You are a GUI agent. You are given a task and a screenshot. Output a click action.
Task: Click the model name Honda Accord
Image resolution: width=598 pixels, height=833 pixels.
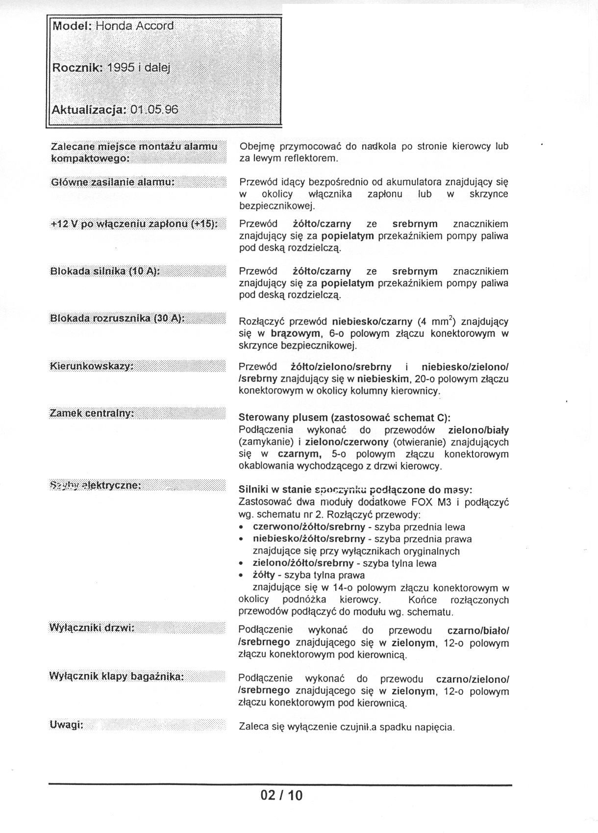[134, 26]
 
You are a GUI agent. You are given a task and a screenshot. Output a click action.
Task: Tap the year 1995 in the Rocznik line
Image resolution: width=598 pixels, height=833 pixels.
[121, 68]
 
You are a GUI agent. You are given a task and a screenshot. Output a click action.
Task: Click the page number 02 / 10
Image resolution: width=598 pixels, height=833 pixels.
[282, 795]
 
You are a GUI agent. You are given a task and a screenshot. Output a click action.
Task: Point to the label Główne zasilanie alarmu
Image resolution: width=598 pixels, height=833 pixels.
[113, 182]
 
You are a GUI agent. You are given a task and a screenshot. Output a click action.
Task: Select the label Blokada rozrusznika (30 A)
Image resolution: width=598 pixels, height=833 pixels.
[118, 319]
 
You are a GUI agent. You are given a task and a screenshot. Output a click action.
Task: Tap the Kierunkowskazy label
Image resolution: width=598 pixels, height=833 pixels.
[92, 366]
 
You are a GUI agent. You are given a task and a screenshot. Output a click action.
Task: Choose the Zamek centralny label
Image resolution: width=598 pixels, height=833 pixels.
[92, 413]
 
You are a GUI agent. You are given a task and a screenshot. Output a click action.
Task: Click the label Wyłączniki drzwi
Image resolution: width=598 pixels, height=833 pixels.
[92, 628]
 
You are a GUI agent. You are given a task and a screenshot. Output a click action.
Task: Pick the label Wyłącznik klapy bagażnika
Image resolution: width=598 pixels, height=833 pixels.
[117, 677]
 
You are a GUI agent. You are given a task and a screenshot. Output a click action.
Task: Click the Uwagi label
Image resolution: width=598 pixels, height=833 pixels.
[66, 725]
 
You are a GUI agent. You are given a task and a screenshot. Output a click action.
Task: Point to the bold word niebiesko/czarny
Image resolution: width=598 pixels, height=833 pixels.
[372, 322]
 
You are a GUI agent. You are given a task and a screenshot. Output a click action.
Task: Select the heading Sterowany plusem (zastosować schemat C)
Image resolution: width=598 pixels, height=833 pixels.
[344, 418]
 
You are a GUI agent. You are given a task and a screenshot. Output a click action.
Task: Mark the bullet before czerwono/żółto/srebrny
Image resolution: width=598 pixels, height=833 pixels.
[241, 528]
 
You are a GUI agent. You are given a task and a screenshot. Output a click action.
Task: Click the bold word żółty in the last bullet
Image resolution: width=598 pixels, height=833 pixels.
[264, 575]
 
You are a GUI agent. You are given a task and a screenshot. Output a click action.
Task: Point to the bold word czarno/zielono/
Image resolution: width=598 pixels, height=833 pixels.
[473, 680]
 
